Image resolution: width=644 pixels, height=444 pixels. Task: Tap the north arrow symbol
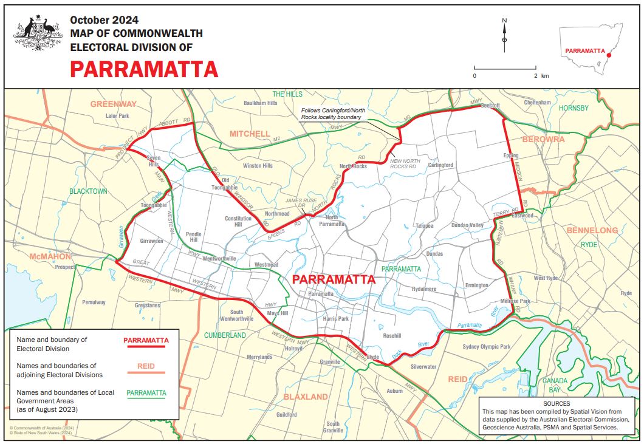[504, 36]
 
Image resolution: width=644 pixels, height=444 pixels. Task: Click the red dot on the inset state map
[609, 55]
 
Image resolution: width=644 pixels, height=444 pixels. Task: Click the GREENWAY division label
[114, 104]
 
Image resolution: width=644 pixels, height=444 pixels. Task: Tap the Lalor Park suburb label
[117, 115]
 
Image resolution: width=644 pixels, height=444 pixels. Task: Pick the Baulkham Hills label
[260, 103]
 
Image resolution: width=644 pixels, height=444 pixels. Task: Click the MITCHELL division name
[249, 134]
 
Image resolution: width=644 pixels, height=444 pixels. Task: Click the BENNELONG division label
[592, 230]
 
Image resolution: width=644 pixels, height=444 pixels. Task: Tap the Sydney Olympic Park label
[486, 346]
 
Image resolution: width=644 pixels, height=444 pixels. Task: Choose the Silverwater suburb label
[423, 367]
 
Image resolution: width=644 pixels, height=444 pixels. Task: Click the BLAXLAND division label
[306, 397]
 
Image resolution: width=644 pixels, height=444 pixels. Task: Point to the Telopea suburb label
[424, 226]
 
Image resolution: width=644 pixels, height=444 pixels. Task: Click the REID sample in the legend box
[146, 366]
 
